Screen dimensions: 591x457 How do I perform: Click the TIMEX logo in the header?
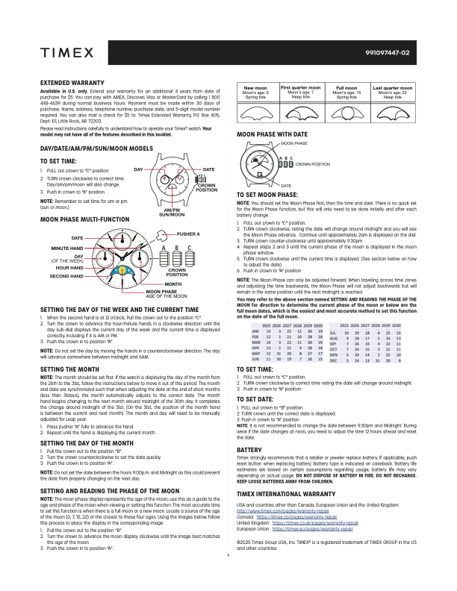pos(66,54)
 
